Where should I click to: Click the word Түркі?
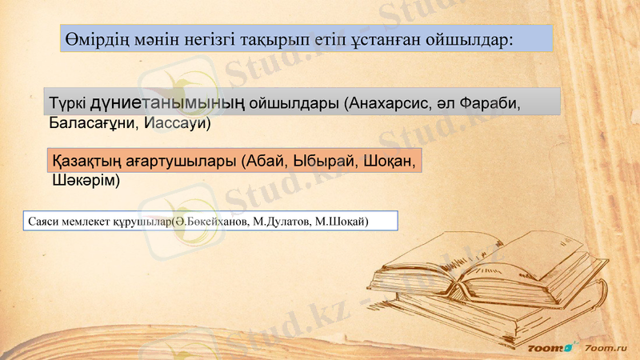[x=68, y=104]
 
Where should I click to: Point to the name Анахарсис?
[x=392, y=104]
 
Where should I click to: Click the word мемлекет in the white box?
[x=89, y=221]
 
